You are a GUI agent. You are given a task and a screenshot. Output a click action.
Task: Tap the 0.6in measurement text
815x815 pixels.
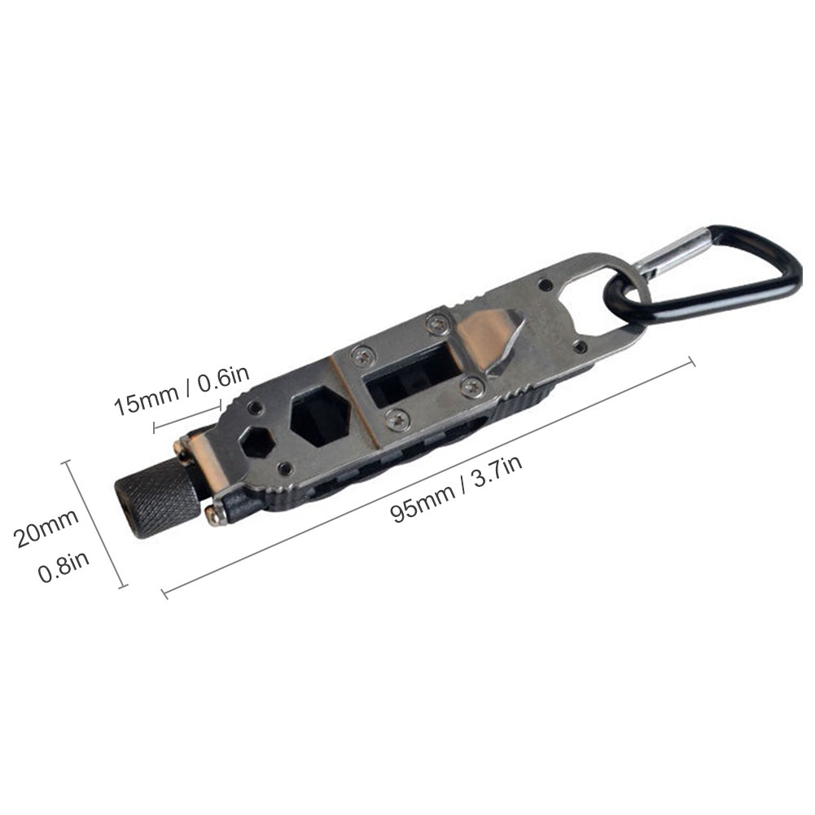tap(224, 376)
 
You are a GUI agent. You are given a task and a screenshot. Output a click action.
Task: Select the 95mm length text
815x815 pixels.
tap(423, 502)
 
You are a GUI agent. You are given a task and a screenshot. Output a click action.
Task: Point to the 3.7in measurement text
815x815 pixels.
tap(497, 470)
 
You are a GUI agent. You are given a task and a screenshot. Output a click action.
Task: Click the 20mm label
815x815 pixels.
tap(46, 527)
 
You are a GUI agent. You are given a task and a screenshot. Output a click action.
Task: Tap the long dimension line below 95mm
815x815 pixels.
tap(428, 477)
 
